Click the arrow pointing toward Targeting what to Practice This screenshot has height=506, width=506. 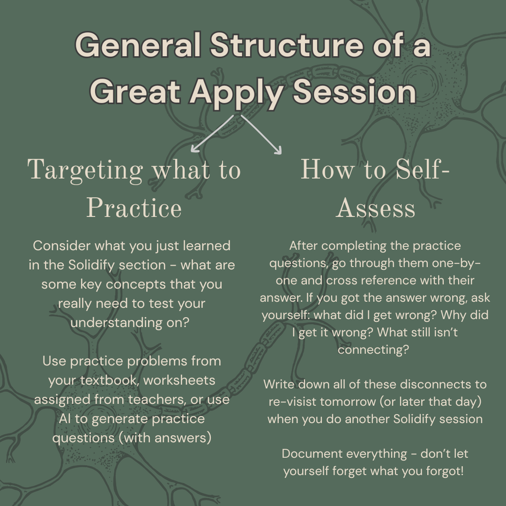click(x=211, y=134)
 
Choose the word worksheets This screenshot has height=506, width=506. click(x=179, y=380)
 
